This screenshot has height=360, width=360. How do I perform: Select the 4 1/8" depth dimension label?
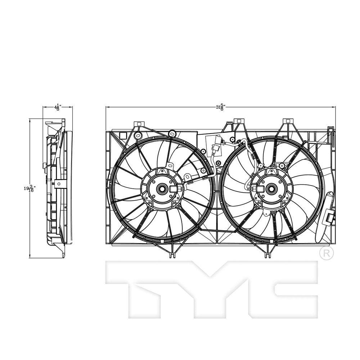point(57,107)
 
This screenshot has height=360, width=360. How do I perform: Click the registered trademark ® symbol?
point(326,253)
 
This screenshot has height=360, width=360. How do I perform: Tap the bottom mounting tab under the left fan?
point(173,255)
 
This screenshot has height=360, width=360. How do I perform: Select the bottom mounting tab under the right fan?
point(267,255)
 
